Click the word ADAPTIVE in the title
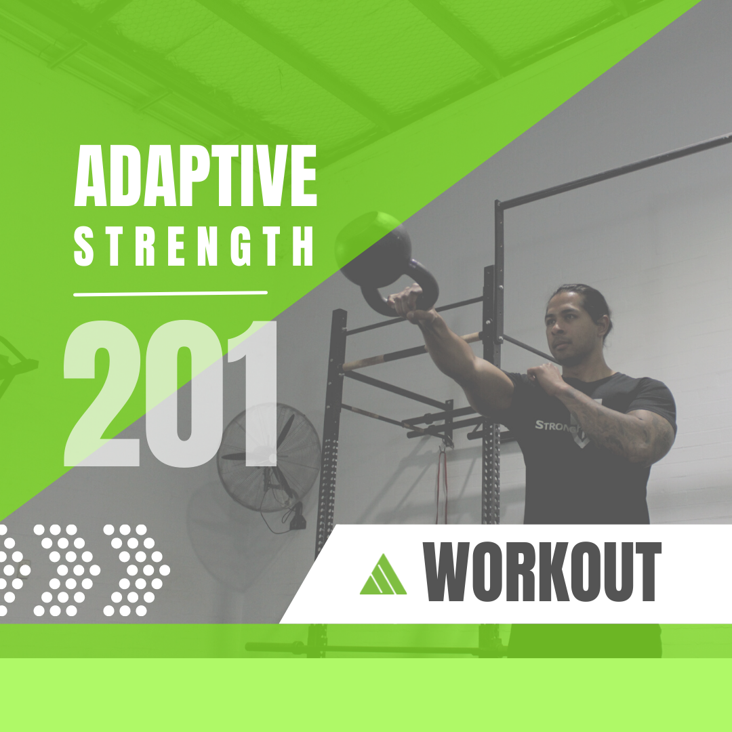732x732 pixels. (x=196, y=176)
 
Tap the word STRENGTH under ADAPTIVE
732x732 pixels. (x=194, y=246)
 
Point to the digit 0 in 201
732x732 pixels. (x=184, y=394)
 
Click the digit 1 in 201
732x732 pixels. (x=254, y=394)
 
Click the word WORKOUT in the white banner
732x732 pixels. (x=542, y=571)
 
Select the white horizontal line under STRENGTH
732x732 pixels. (x=170, y=293)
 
